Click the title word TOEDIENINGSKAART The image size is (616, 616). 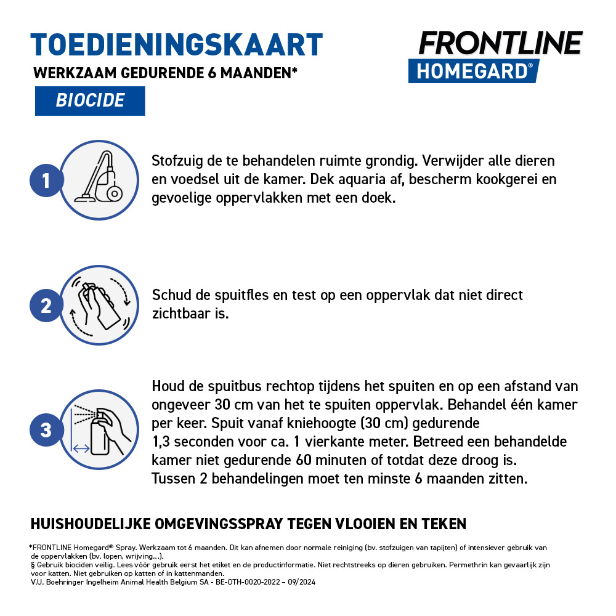tap(177, 45)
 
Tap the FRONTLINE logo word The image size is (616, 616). tap(500, 43)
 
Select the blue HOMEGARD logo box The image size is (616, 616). tap(473, 71)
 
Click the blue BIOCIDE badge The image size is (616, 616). tap(90, 100)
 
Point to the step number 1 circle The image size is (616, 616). tap(46, 180)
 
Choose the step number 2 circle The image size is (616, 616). tap(46, 306)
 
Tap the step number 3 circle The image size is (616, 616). tap(46, 430)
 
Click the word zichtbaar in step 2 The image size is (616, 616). tap(182, 314)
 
